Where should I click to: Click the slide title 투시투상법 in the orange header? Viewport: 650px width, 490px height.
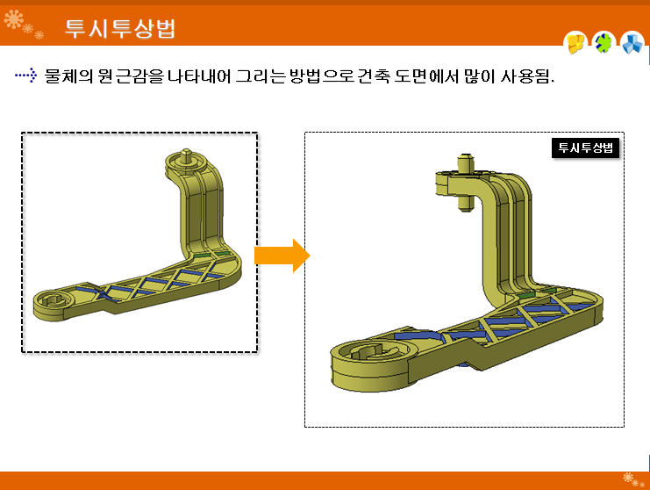pyautogui.click(x=120, y=29)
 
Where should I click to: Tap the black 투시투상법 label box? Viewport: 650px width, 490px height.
pyautogui.click(x=585, y=148)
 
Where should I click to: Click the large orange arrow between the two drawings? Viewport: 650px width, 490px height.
pyautogui.click(x=282, y=256)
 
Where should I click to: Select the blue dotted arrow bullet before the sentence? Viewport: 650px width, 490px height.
pyautogui.click(x=25, y=76)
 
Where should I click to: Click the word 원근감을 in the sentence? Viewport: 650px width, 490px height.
pyautogui.click(x=131, y=76)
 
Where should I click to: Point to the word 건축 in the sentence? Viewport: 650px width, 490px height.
pyautogui.click(x=373, y=76)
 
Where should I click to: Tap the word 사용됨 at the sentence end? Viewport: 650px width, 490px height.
pyautogui.click(x=525, y=76)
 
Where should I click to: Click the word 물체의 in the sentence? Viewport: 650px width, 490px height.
pyautogui.click(x=68, y=76)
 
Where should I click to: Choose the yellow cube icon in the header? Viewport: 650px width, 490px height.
pyautogui.click(x=575, y=43)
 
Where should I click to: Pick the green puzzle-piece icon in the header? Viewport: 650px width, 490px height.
pyautogui.click(x=604, y=43)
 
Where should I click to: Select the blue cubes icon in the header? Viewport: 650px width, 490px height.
pyautogui.click(x=632, y=43)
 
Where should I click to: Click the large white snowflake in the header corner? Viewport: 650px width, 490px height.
pyautogui.click(x=14, y=19)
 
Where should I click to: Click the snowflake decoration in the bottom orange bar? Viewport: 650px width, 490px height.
pyautogui.click(x=633, y=479)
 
